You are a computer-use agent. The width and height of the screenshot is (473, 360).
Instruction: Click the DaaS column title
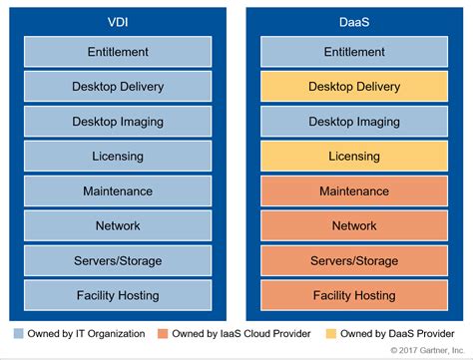[x=356, y=20]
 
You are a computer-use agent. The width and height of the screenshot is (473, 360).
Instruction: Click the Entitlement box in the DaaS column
[x=356, y=52]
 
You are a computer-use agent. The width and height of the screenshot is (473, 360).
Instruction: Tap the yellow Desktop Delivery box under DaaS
[x=356, y=87]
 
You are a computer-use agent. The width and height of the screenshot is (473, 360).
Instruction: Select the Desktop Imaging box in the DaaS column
[x=356, y=122]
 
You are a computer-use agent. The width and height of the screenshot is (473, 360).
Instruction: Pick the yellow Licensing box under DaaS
[x=356, y=157]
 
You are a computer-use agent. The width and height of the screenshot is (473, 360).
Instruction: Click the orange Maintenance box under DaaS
[x=356, y=190]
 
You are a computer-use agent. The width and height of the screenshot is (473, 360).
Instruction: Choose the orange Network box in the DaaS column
[x=356, y=225]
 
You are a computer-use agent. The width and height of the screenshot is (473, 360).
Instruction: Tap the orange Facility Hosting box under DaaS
[x=356, y=295]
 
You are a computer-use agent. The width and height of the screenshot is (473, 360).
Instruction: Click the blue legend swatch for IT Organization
[x=20, y=333]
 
